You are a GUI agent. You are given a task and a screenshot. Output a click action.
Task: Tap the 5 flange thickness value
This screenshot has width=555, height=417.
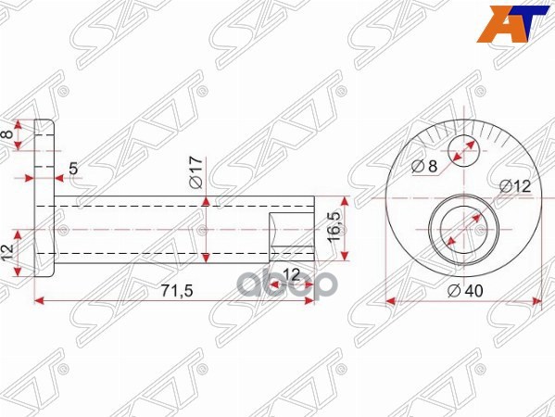click(74, 170)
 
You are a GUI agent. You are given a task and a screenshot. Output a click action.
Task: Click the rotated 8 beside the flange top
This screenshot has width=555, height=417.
click(10, 136)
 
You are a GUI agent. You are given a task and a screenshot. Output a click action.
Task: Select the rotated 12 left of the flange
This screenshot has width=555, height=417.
click(10, 251)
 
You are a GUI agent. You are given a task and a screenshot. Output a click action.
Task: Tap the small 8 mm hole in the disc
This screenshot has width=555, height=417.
click(463, 148)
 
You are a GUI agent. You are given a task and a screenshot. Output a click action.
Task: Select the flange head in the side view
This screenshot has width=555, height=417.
click(44, 199)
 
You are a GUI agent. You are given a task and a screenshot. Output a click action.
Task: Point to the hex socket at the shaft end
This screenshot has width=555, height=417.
click(291, 236)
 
